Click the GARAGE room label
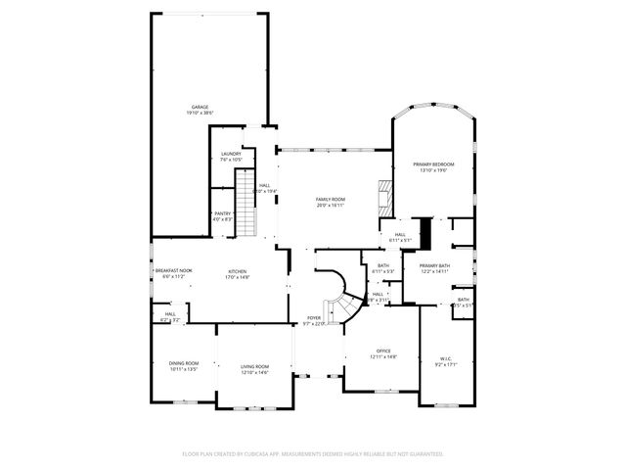(200, 107)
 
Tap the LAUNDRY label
(231, 154)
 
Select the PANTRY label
(223, 213)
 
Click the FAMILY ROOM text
(330, 199)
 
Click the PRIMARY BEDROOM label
(432, 164)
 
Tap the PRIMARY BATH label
(434, 265)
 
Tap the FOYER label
(314, 318)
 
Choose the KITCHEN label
(238, 271)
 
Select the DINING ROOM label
(183, 363)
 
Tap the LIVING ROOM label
(254, 366)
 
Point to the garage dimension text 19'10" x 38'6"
(200, 114)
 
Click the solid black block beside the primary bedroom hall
(425, 233)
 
